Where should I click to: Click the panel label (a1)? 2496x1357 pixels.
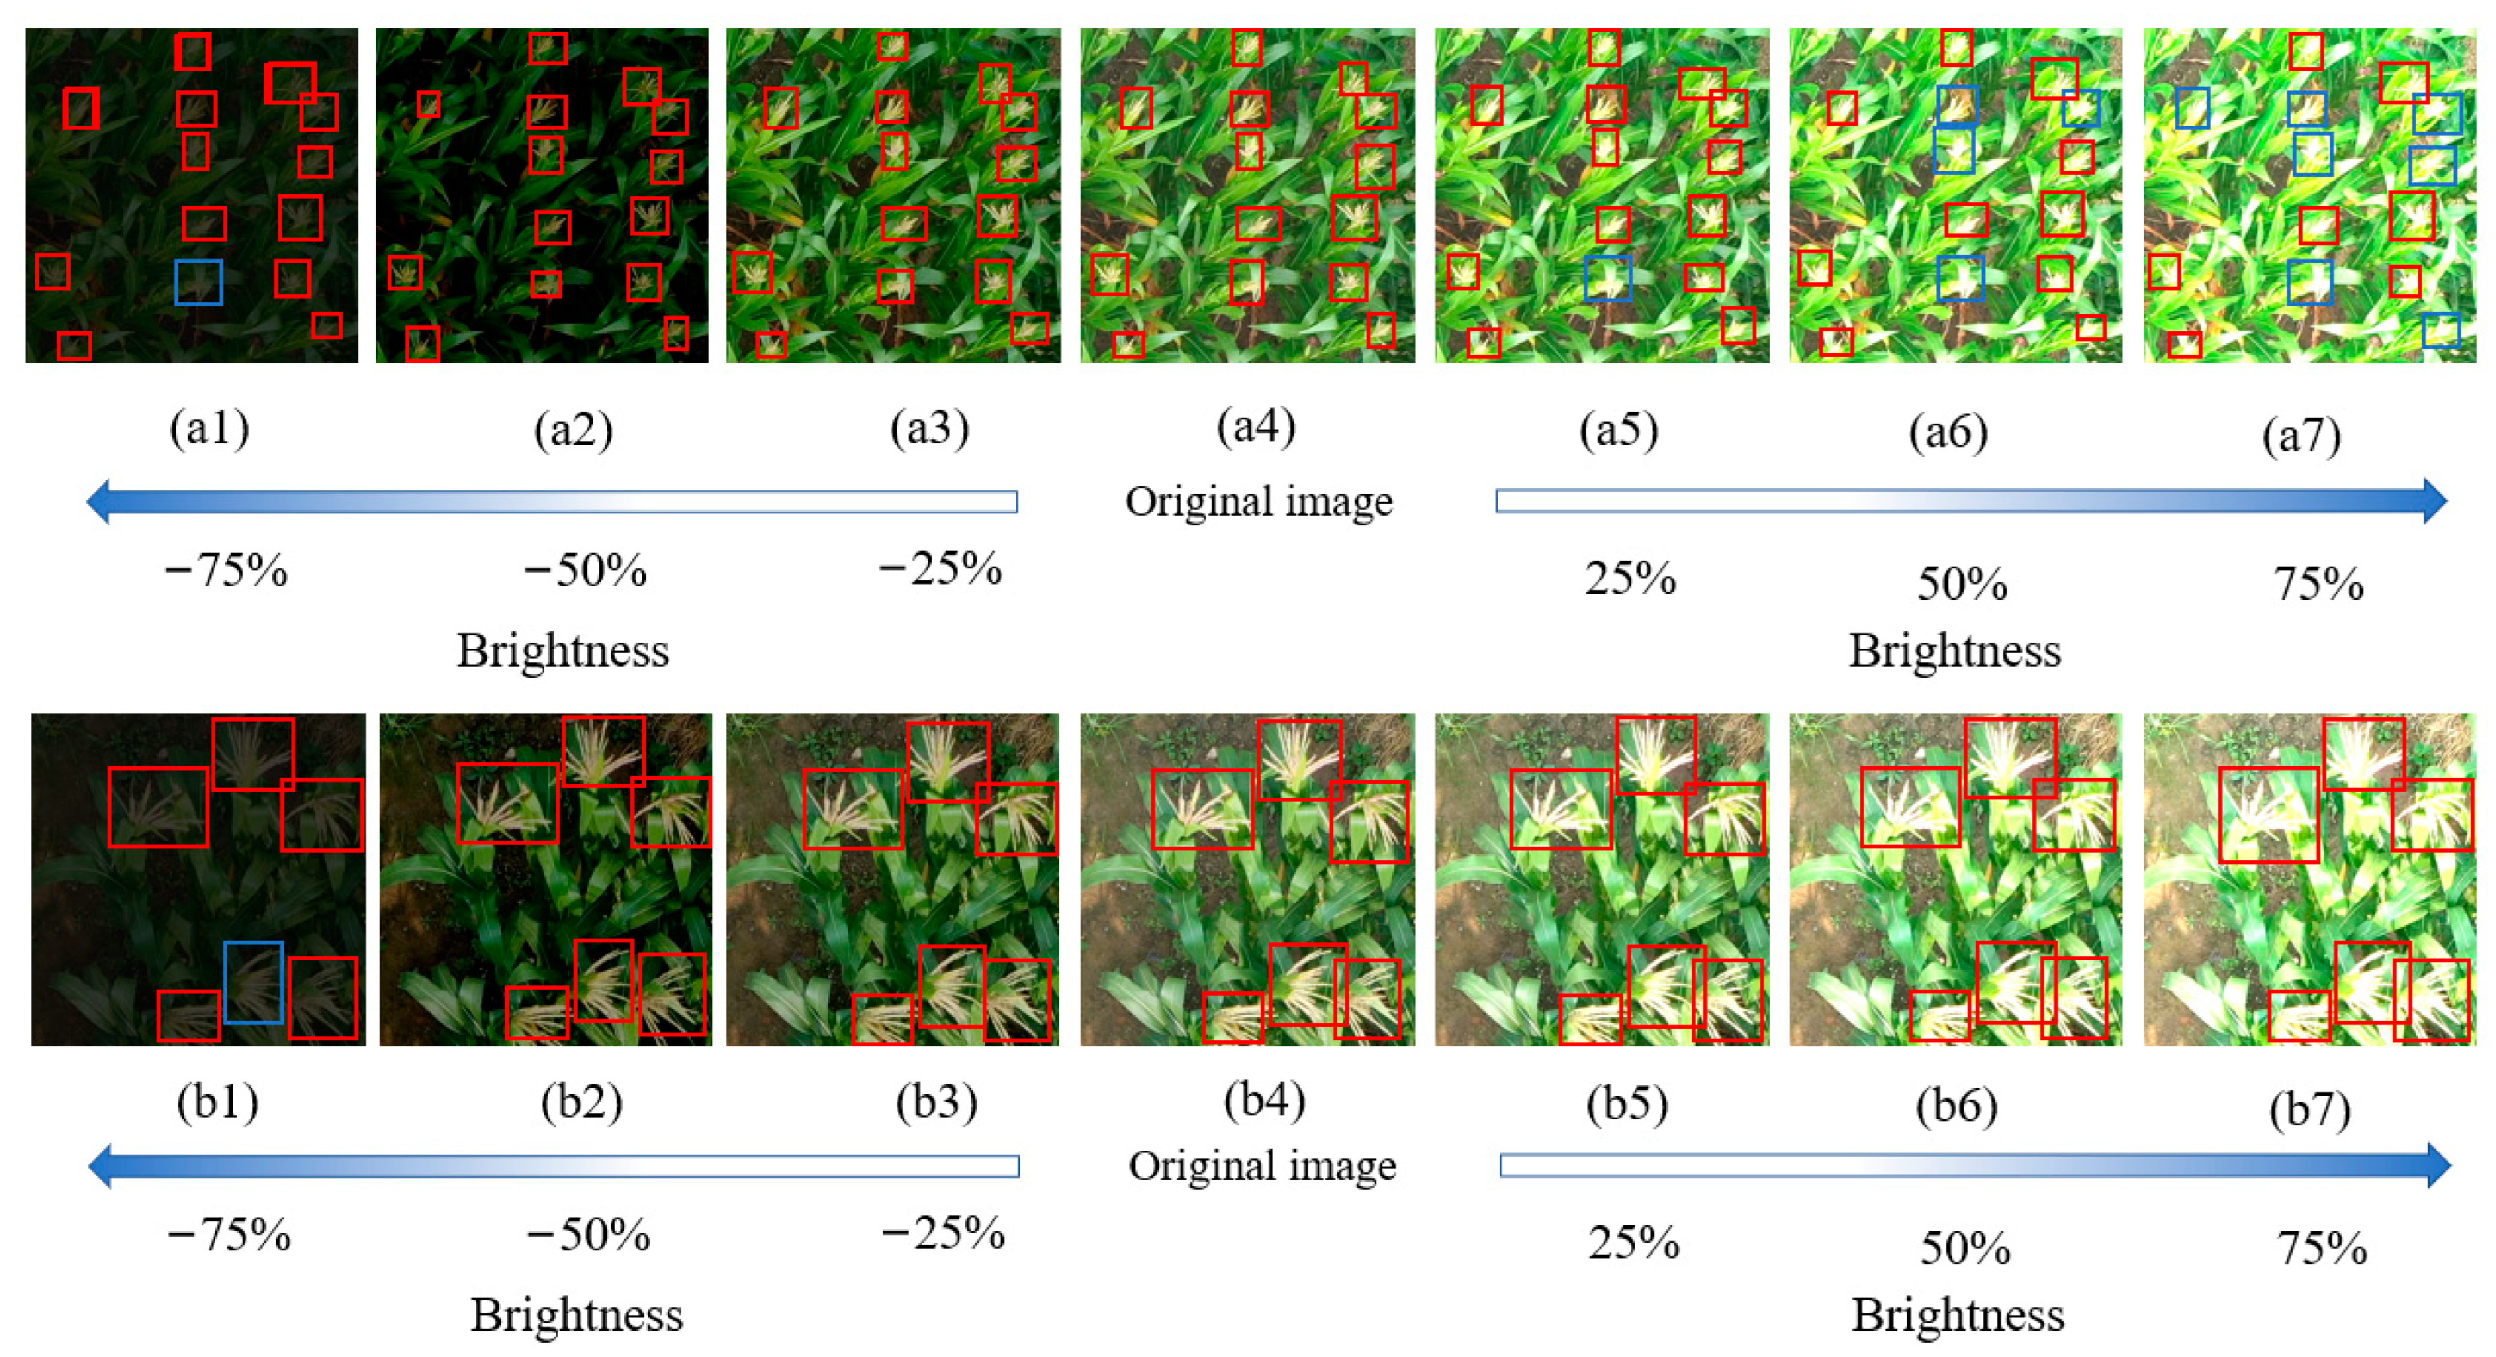209,428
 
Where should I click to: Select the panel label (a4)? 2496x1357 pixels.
1255,427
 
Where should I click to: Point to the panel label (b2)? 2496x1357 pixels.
581,1102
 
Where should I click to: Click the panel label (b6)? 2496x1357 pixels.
1956,1106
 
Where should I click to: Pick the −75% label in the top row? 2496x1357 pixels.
225,571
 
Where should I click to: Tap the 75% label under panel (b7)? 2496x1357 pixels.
2321,1249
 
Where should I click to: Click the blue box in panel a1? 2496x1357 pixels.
199,282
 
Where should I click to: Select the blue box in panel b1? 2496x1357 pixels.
253,982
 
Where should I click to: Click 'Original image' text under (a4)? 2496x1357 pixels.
1258,502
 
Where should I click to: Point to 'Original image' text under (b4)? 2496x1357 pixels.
1261,1166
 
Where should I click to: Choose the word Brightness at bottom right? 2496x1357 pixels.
1957,1315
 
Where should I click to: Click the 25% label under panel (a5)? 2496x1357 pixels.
1630,579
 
